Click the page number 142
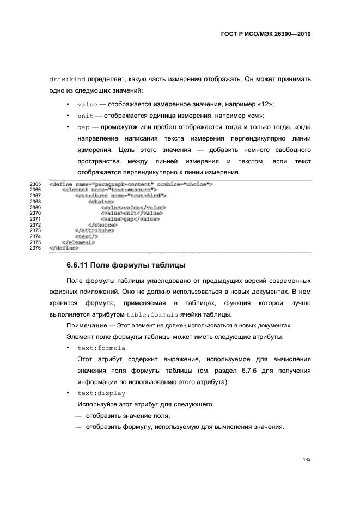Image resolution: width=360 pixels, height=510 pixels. point(307,460)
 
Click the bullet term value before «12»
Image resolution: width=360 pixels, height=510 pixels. point(88,104)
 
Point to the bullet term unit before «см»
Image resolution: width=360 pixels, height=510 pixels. point(86,116)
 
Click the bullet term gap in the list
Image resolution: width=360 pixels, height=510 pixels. point(83,128)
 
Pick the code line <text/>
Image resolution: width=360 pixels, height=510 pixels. point(87,236)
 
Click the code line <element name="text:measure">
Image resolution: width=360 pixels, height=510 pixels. point(109,190)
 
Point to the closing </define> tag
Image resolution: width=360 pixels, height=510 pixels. point(64,248)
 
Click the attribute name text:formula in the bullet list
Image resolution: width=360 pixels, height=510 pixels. point(101,348)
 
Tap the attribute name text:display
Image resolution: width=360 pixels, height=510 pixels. point(101,393)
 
